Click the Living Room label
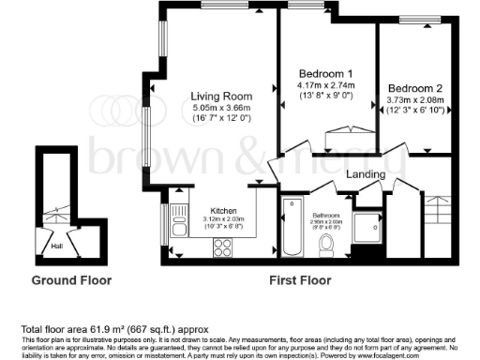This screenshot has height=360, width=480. pos(221,96)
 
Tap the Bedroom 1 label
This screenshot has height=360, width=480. pos(325,74)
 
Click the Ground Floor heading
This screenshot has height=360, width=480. pos(71,280)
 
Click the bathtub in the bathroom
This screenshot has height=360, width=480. pos(291,228)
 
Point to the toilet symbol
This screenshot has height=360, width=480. pos(326,244)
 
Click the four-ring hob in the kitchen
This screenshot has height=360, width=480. pos(224,247)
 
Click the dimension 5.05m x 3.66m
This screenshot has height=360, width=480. pos(221,108)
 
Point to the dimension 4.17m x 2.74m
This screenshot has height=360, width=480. pos(325,85)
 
